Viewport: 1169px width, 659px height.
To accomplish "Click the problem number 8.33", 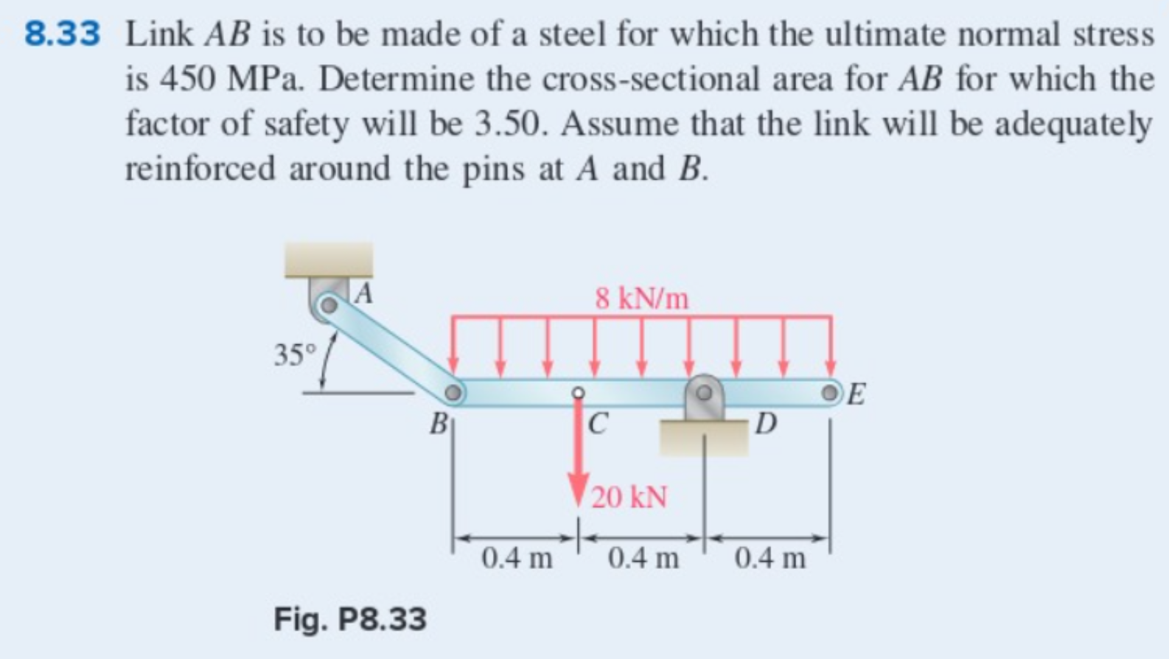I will click(62, 35).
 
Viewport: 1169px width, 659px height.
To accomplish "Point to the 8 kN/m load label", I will click(642, 299).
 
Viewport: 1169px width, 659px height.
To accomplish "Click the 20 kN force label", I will click(630, 497).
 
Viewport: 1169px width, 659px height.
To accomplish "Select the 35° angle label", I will click(294, 355).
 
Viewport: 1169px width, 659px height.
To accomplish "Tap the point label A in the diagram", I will click(363, 294).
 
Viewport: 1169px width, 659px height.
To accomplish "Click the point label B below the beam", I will click(439, 423).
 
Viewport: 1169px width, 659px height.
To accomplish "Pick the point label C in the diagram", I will click(599, 423).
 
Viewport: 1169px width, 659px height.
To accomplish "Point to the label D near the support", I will click(767, 423).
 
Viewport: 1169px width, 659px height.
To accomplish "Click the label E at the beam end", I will click(856, 395).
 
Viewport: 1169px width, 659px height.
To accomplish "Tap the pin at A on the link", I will click(329, 304).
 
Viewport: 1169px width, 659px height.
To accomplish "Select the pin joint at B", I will click(454, 391).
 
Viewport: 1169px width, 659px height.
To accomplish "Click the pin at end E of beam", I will click(832, 391).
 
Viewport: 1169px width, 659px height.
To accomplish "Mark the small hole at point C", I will click(579, 392).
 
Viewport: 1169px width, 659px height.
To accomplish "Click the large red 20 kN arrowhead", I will click(579, 491).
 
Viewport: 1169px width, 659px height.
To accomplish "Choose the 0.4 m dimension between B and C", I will click(516, 558).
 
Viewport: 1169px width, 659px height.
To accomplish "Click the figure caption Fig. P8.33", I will click(350, 618).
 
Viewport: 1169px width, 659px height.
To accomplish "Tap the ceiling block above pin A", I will click(329, 260).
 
